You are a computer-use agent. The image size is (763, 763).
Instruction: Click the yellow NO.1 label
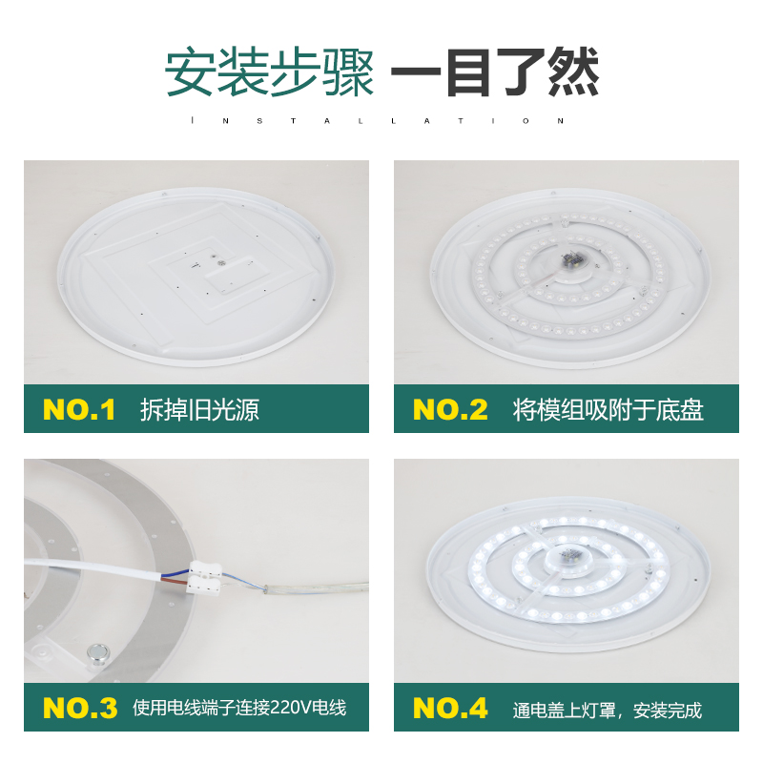click(x=79, y=410)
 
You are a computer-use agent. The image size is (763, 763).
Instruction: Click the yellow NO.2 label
click(x=450, y=410)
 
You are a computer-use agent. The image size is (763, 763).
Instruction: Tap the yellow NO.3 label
click(x=80, y=709)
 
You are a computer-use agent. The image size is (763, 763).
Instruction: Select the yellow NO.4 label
click(x=450, y=709)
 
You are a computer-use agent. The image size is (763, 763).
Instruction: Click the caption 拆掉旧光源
click(x=199, y=410)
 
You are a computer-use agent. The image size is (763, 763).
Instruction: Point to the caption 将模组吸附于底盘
click(x=608, y=410)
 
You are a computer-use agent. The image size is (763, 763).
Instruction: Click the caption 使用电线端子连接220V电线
click(x=238, y=709)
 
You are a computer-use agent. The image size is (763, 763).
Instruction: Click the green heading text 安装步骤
click(x=270, y=73)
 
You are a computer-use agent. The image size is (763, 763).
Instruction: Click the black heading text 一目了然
click(x=496, y=73)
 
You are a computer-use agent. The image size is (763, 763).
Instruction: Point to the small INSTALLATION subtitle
click(x=380, y=121)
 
